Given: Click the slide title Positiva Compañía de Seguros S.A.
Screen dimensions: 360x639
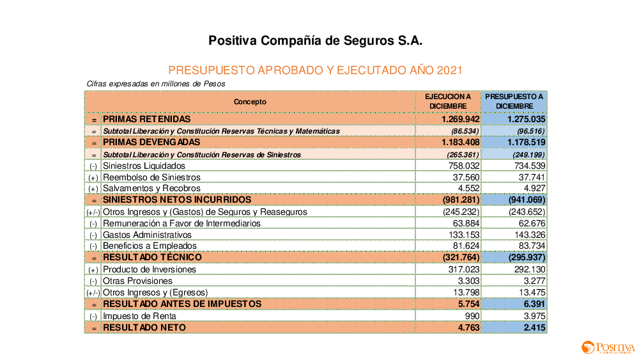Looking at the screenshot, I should coord(315,41).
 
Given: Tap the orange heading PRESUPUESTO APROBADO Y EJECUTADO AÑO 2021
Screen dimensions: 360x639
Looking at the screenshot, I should coord(315,70).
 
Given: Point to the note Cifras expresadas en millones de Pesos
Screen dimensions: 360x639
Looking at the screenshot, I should coord(156,84).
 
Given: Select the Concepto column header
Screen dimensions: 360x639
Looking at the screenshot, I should coord(250,102).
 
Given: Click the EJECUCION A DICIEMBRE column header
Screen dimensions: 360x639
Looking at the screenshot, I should coord(448,102).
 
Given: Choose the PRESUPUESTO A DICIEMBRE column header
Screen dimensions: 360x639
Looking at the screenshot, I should coord(514,102).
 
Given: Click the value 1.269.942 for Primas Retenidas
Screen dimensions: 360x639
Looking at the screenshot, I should coord(460,120).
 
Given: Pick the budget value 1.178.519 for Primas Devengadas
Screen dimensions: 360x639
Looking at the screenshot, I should coord(526,142).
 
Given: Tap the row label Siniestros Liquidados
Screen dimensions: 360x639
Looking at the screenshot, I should coord(144,166).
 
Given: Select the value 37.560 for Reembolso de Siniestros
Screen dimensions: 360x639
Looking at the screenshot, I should coord(466,177).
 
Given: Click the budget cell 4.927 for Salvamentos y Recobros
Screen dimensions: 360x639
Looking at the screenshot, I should coord(534,188).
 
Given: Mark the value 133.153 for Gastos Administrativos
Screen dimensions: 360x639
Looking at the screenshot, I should coord(465,235).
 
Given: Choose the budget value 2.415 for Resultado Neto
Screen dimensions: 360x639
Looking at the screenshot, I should coord(532,327).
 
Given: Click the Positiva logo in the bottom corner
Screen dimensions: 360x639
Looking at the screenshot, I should coord(607,348).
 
